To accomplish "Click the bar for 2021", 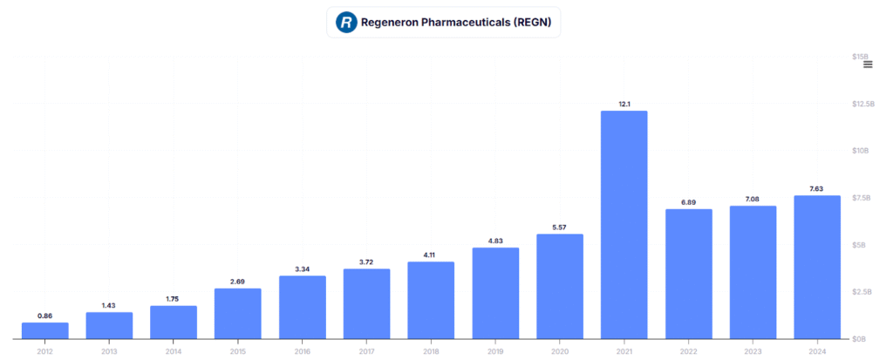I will point(624,224).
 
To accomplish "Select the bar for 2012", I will point(45,330).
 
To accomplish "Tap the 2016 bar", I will point(303,307).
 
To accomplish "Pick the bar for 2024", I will point(817,267).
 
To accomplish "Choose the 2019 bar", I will point(495,293).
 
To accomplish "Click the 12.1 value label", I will point(624,104).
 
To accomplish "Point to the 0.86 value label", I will point(45,315).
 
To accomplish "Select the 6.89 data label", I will point(689,201).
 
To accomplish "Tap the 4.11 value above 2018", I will point(431,255).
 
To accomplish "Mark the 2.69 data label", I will point(238,281).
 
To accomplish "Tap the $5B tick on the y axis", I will point(861,245).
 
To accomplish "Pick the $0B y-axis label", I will point(861,338).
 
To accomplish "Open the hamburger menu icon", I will point(868,65).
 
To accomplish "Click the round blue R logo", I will point(347,22).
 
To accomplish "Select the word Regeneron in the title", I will point(394,22).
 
